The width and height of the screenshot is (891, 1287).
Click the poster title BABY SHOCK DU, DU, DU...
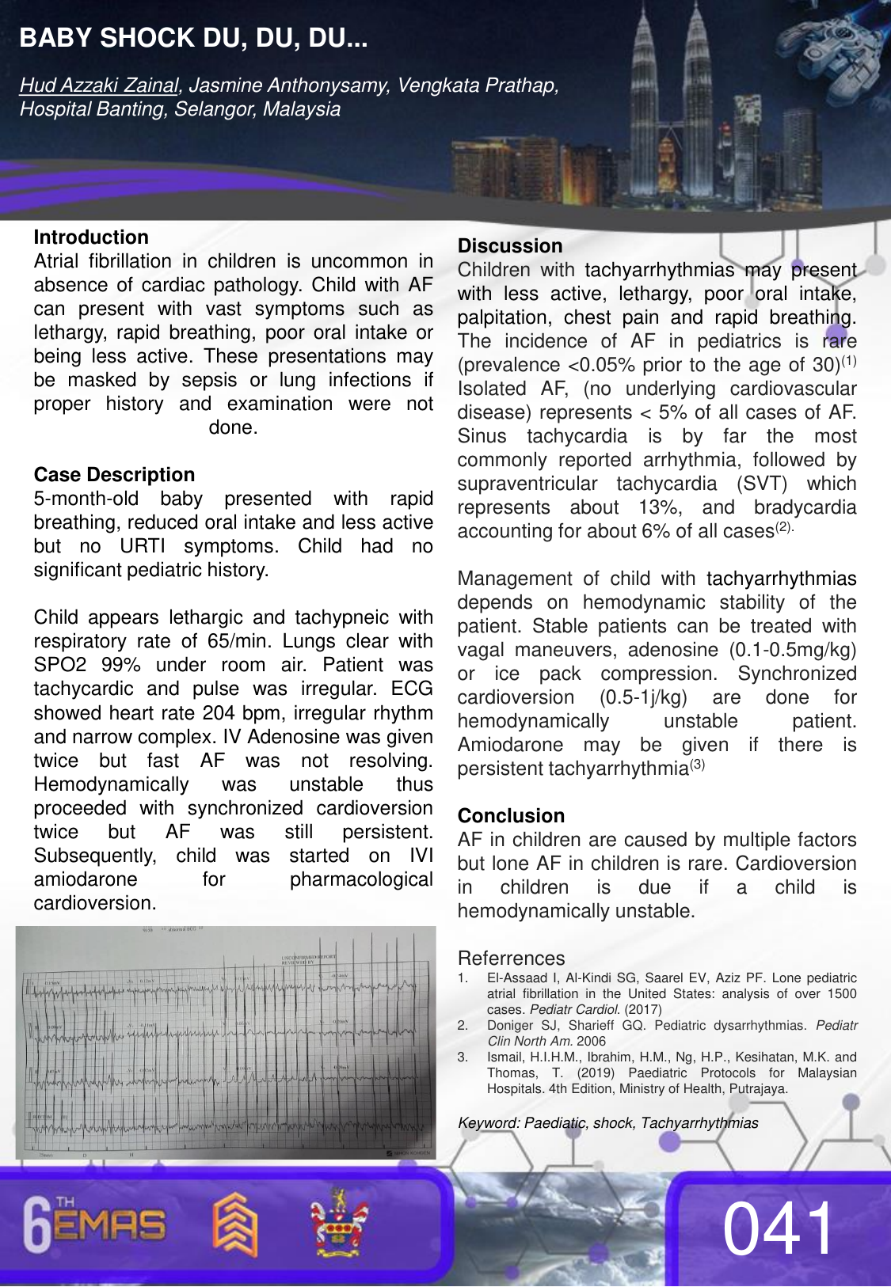[193, 38]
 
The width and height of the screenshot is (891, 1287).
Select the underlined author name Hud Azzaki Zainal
[100, 85]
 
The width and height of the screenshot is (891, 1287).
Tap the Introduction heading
[91, 237]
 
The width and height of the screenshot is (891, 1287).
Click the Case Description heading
[114, 475]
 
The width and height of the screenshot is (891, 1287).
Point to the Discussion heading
[510, 246]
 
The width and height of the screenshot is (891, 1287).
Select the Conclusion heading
[511, 816]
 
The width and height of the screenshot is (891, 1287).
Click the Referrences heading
[511, 959]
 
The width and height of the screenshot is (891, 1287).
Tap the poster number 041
[779, 1228]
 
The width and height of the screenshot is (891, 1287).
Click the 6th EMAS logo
[94, 1225]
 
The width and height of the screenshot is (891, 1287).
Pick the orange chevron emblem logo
[234, 1225]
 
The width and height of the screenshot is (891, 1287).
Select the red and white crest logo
[339, 1223]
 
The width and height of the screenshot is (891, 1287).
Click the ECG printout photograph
[226, 1042]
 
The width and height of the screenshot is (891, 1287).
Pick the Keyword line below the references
[607, 1123]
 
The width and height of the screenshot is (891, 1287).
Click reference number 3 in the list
[463, 1057]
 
